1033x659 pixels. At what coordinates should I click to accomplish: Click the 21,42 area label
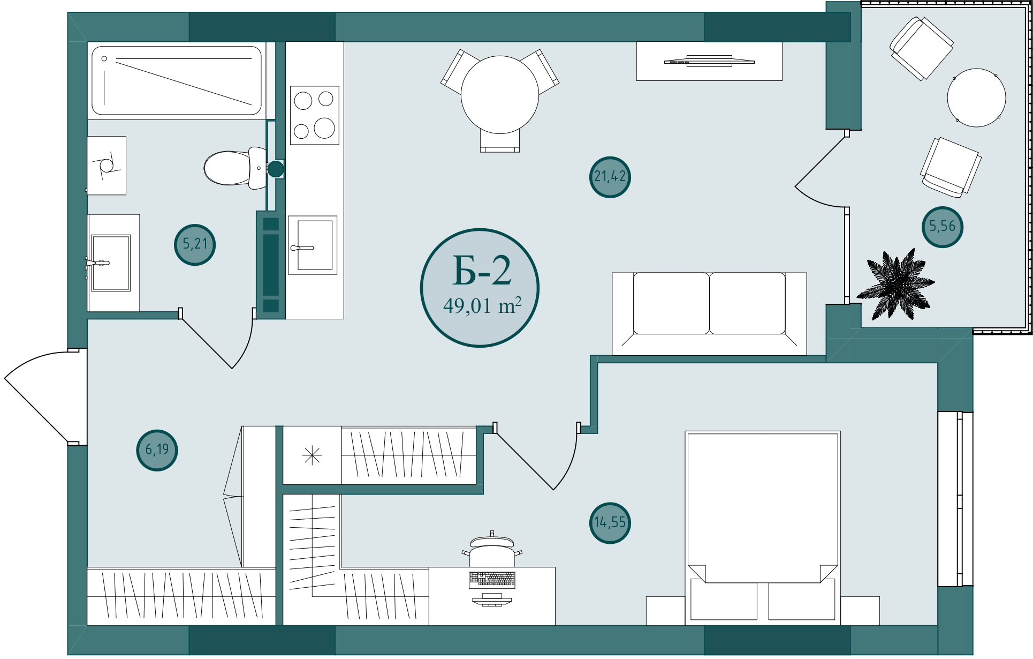[x=610, y=177]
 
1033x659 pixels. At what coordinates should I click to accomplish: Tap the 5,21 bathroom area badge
[x=195, y=244]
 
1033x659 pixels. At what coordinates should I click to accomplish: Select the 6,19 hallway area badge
[x=157, y=450]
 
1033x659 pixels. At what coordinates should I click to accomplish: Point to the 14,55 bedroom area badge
[x=610, y=523]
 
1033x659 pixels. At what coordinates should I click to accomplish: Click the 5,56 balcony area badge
[x=943, y=227]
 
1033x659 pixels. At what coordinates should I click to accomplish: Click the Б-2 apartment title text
[x=482, y=271]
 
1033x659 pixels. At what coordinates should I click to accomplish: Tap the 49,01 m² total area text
[x=482, y=306]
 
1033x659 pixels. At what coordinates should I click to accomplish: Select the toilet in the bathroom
[x=236, y=168]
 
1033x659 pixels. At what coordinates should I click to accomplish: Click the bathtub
[x=177, y=80]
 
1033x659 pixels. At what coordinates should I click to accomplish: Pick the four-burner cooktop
[x=315, y=115]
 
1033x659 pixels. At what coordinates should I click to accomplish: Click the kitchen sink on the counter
[x=313, y=245]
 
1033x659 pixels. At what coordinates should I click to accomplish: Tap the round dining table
[x=500, y=95]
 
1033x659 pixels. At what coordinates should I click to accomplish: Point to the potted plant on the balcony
[x=896, y=284]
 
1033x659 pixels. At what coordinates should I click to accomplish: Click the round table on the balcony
[x=976, y=98]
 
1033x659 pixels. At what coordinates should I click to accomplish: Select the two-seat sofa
[x=709, y=313]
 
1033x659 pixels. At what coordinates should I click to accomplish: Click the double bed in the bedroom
[x=763, y=528]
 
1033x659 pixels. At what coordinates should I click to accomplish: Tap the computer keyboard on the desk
[x=492, y=579]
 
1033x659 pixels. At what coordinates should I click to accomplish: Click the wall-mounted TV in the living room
[x=709, y=61]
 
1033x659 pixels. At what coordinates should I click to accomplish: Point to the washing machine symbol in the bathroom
[x=107, y=166]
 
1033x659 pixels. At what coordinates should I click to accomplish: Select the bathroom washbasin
[x=111, y=263]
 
